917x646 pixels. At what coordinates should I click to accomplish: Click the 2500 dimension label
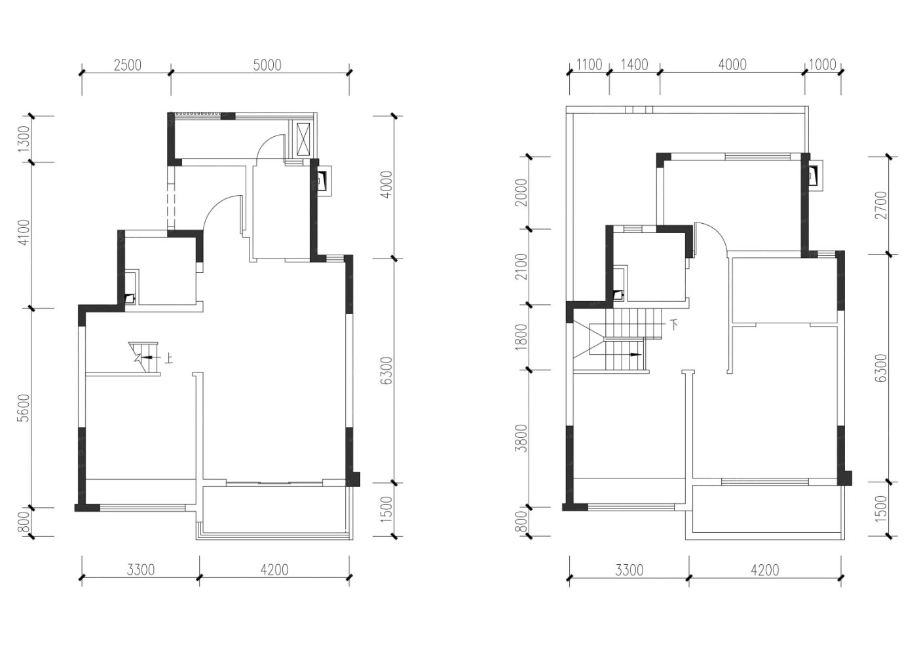click(x=127, y=65)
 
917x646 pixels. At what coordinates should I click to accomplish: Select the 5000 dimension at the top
click(x=267, y=65)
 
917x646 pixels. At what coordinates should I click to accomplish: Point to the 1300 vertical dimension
click(x=25, y=139)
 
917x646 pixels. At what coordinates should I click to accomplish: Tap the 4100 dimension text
click(x=25, y=232)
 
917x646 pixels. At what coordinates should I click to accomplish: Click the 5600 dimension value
click(x=25, y=408)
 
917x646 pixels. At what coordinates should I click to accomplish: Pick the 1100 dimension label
click(x=589, y=65)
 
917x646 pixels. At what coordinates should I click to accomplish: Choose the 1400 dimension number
click(x=635, y=65)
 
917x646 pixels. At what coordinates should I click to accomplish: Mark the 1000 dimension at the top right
click(x=823, y=65)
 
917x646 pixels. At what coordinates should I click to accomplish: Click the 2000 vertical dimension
click(x=521, y=192)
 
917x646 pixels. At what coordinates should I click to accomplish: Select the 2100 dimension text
click(x=521, y=267)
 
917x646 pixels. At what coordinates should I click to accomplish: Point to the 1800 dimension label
click(x=521, y=337)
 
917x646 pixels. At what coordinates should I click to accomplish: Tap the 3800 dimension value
click(x=521, y=438)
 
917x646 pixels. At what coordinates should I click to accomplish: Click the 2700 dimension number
click(x=882, y=205)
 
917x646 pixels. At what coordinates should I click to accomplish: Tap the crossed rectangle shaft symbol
click(x=304, y=139)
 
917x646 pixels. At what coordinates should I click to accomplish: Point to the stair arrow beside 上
click(x=147, y=357)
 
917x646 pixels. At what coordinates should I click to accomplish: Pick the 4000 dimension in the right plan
click(x=732, y=65)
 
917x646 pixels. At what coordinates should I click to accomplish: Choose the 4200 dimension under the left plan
click(x=274, y=570)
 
